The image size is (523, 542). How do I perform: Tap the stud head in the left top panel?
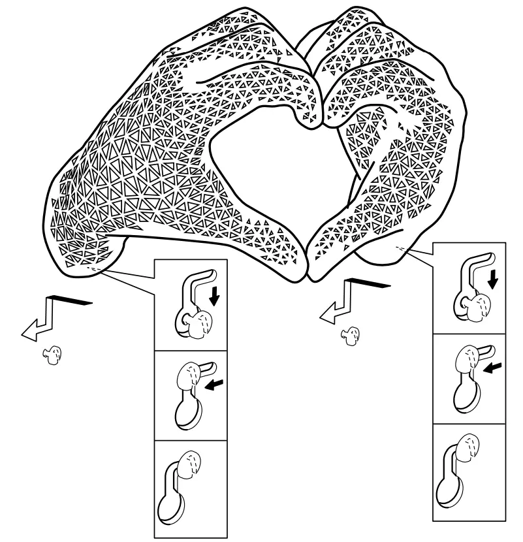coord(198,321)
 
